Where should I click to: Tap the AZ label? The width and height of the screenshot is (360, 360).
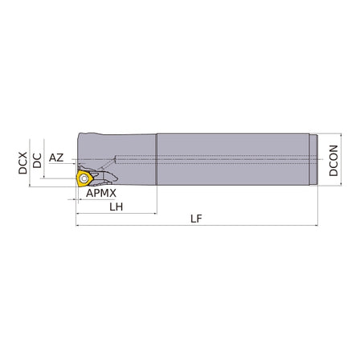coord(56,157)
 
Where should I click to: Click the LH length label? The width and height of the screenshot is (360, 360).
coord(116,207)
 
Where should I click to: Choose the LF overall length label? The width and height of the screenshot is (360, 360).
coord(196,219)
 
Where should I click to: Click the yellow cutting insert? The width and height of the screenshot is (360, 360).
coord(84,177)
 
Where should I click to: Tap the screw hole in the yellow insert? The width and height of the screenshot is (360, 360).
coord(84,177)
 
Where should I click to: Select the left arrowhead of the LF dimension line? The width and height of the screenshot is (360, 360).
coord(78,225)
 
